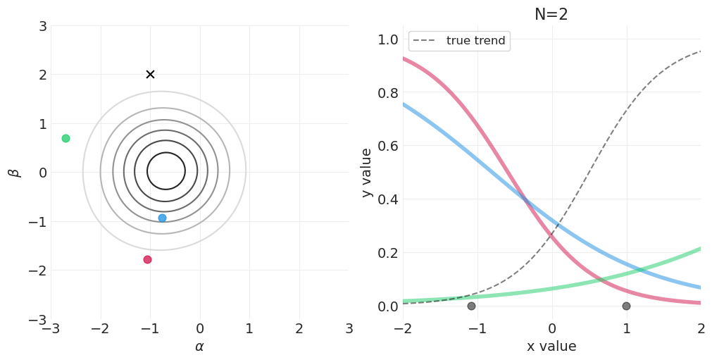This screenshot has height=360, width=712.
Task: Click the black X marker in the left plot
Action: tap(150, 74)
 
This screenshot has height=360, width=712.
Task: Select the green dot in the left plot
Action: tap(65, 138)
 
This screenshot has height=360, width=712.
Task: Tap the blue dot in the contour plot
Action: tap(162, 218)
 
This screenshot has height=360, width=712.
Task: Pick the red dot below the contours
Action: tap(147, 259)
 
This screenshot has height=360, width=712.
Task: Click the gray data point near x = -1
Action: tap(471, 306)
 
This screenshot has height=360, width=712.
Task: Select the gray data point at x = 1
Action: tap(626, 306)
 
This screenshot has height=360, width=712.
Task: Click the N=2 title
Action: tap(551, 15)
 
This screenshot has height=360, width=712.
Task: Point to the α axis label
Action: tap(199, 347)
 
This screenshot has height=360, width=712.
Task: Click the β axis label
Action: tap(13, 172)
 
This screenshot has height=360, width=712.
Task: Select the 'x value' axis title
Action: tap(551, 347)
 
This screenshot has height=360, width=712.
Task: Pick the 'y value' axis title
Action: tap(367, 172)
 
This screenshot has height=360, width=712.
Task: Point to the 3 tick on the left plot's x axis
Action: tap(349, 328)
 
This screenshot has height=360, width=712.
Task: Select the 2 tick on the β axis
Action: tap(42, 75)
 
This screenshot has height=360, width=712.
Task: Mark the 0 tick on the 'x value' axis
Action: tap(551, 328)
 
